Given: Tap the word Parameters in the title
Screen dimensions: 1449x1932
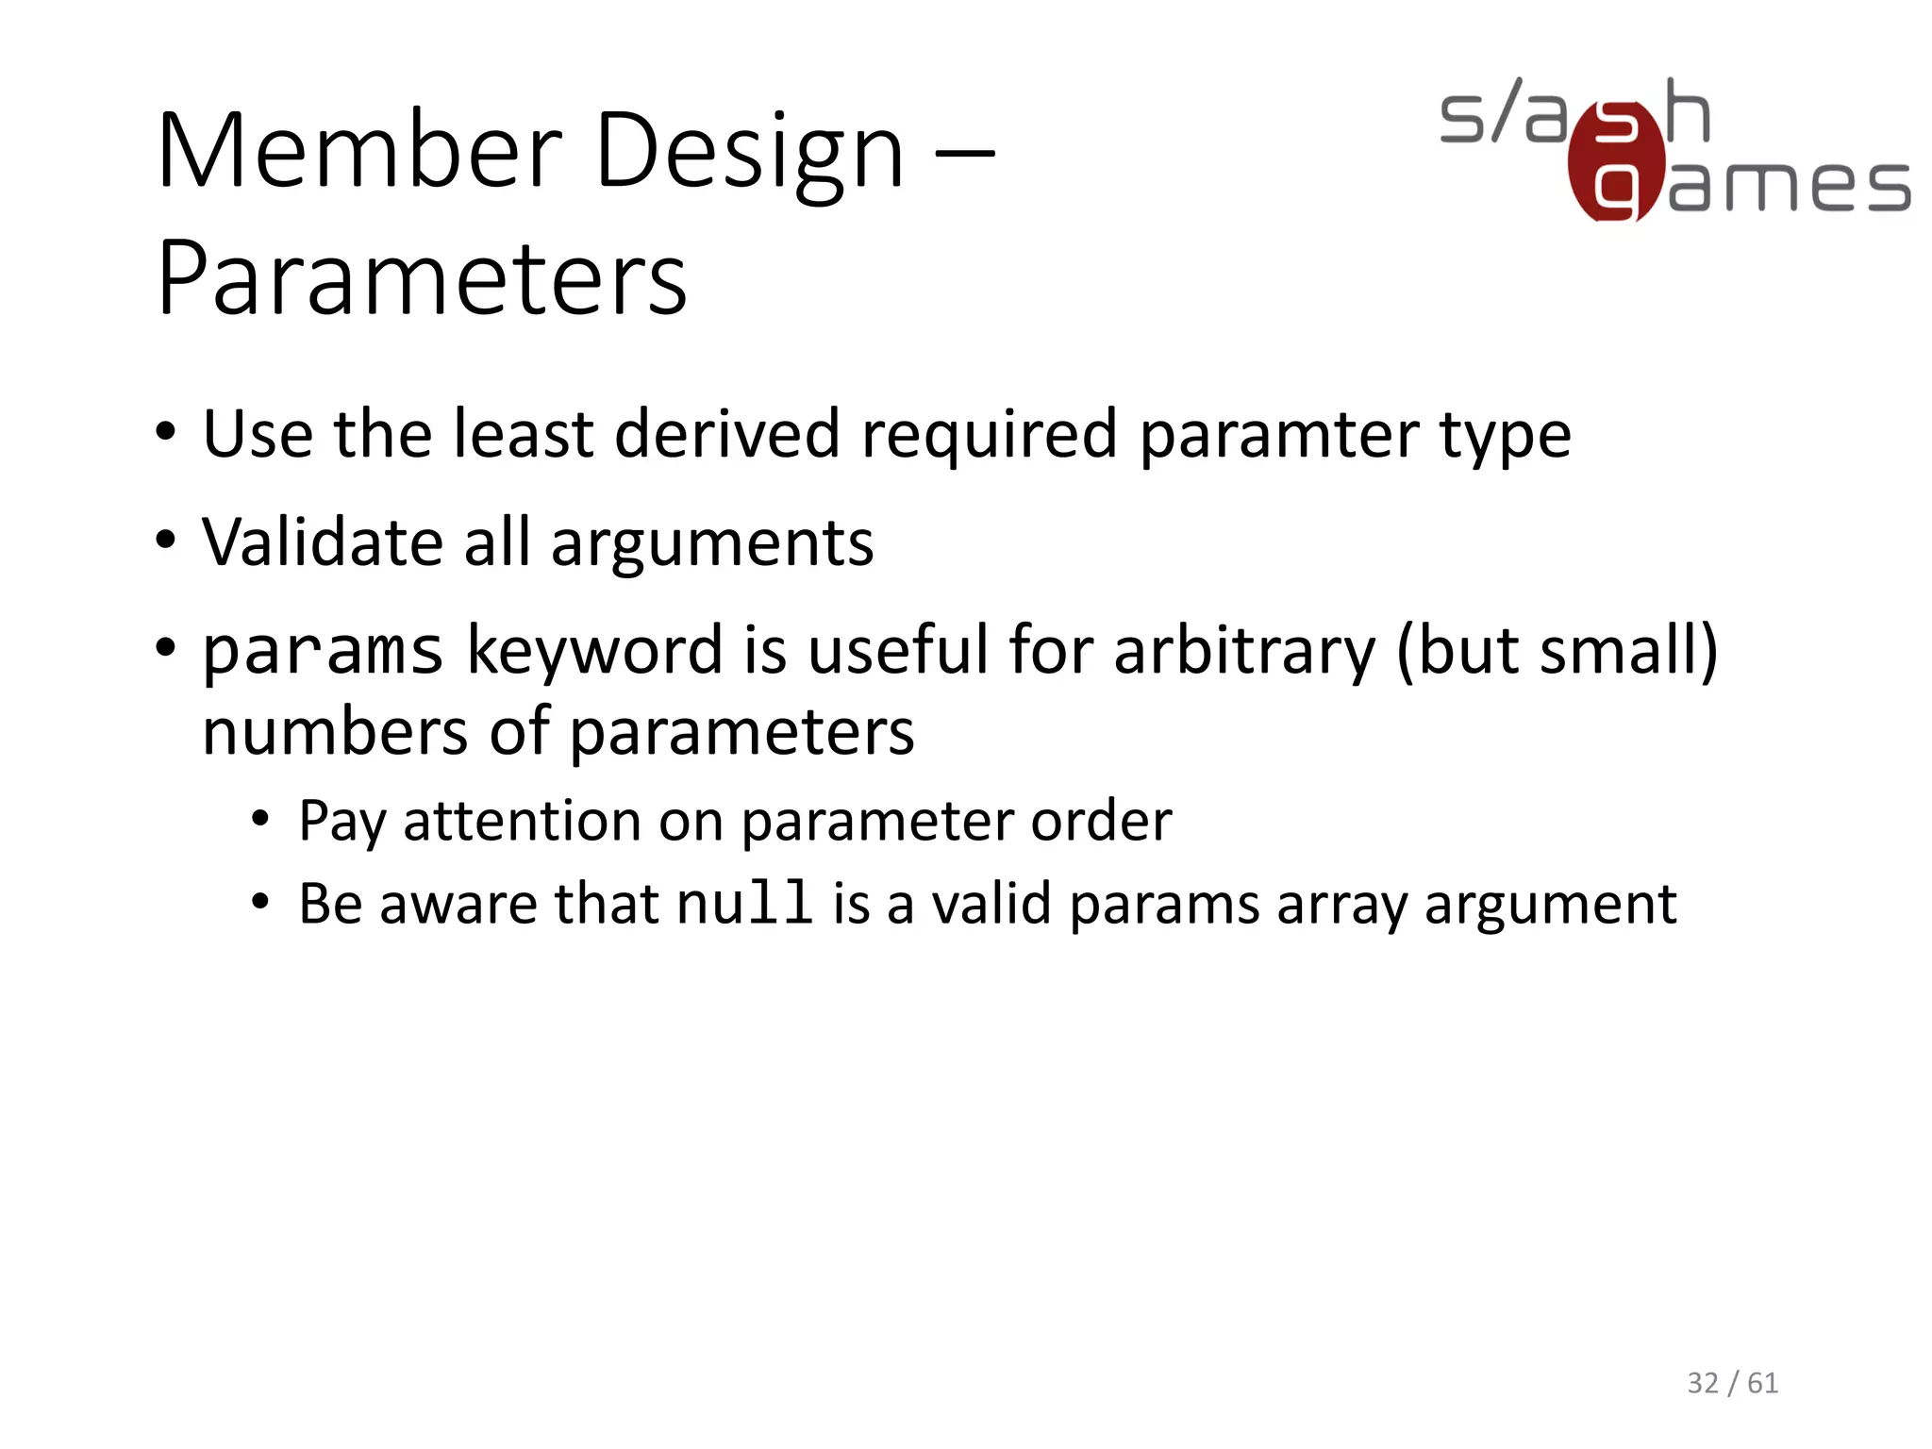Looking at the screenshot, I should click(x=422, y=278).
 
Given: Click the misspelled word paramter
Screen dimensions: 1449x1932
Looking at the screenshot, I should click(x=1278, y=436).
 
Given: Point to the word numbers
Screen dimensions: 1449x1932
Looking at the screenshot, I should click(x=335, y=732).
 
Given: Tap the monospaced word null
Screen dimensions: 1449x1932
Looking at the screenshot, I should click(x=744, y=903).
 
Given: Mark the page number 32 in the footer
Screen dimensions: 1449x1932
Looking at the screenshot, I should click(x=1703, y=1383).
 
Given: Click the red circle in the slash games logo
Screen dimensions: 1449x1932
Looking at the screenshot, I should click(x=1615, y=162).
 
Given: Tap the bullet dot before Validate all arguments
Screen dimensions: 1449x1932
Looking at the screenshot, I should click(x=166, y=541).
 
